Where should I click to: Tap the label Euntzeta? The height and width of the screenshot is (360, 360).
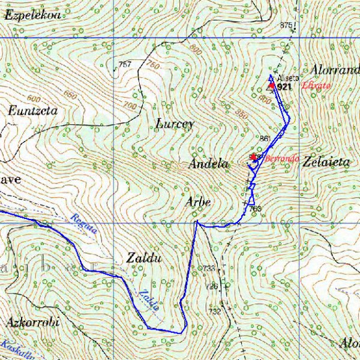click(x=33, y=110)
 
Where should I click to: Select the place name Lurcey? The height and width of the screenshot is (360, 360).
click(x=175, y=124)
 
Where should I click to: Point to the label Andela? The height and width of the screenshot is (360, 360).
click(x=208, y=164)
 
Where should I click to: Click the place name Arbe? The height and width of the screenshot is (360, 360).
click(x=197, y=202)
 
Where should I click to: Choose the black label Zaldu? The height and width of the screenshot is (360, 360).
click(x=145, y=259)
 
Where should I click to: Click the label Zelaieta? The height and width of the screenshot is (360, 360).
click(x=326, y=162)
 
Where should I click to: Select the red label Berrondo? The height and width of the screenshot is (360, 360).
click(x=282, y=158)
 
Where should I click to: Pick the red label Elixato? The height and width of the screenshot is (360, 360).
click(x=316, y=86)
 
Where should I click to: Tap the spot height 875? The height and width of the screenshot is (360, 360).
click(x=286, y=25)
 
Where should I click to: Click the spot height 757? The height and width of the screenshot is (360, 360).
click(x=125, y=64)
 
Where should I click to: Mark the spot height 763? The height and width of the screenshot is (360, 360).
click(x=255, y=209)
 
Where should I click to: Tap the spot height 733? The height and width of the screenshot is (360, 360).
click(x=208, y=268)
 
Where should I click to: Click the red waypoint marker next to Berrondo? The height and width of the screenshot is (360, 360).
click(x=254, y=157)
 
